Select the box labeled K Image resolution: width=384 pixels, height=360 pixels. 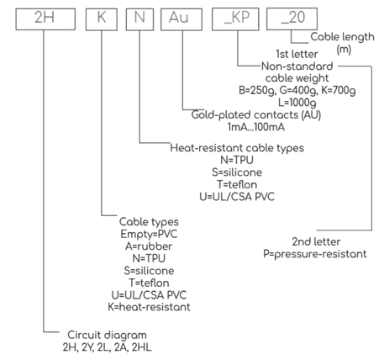(x=102, y=19)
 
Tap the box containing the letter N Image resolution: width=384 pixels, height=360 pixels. (x=139, y=19)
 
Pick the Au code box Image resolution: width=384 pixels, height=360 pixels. (x=181, y=19)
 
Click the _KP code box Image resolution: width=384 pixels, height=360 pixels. (x=235, y=19)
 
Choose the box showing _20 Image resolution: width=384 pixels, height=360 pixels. (x=292, y=19)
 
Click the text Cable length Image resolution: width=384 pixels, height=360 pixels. (x=342, y=37)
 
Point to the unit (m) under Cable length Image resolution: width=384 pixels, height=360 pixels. (x=344, y=50)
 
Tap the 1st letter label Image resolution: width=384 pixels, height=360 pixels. (x=297, y=54)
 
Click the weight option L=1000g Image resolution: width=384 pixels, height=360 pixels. (x=297, y=103)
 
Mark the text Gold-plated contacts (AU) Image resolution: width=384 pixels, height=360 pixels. (x=256, y=115)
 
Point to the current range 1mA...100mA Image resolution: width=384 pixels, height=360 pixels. (x=256, y=127)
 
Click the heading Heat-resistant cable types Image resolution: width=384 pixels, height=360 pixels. (x=237, y=148)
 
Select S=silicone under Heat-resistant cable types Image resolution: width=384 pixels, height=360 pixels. (x=237, y=172)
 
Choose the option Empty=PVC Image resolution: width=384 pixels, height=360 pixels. (x=149, y=234)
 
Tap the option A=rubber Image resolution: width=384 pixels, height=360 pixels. (x=149, y=246)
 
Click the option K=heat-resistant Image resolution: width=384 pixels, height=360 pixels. (x=149, y=307)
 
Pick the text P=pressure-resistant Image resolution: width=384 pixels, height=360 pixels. (x=315, y=254)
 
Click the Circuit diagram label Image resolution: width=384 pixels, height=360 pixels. (x=107, y=336)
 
